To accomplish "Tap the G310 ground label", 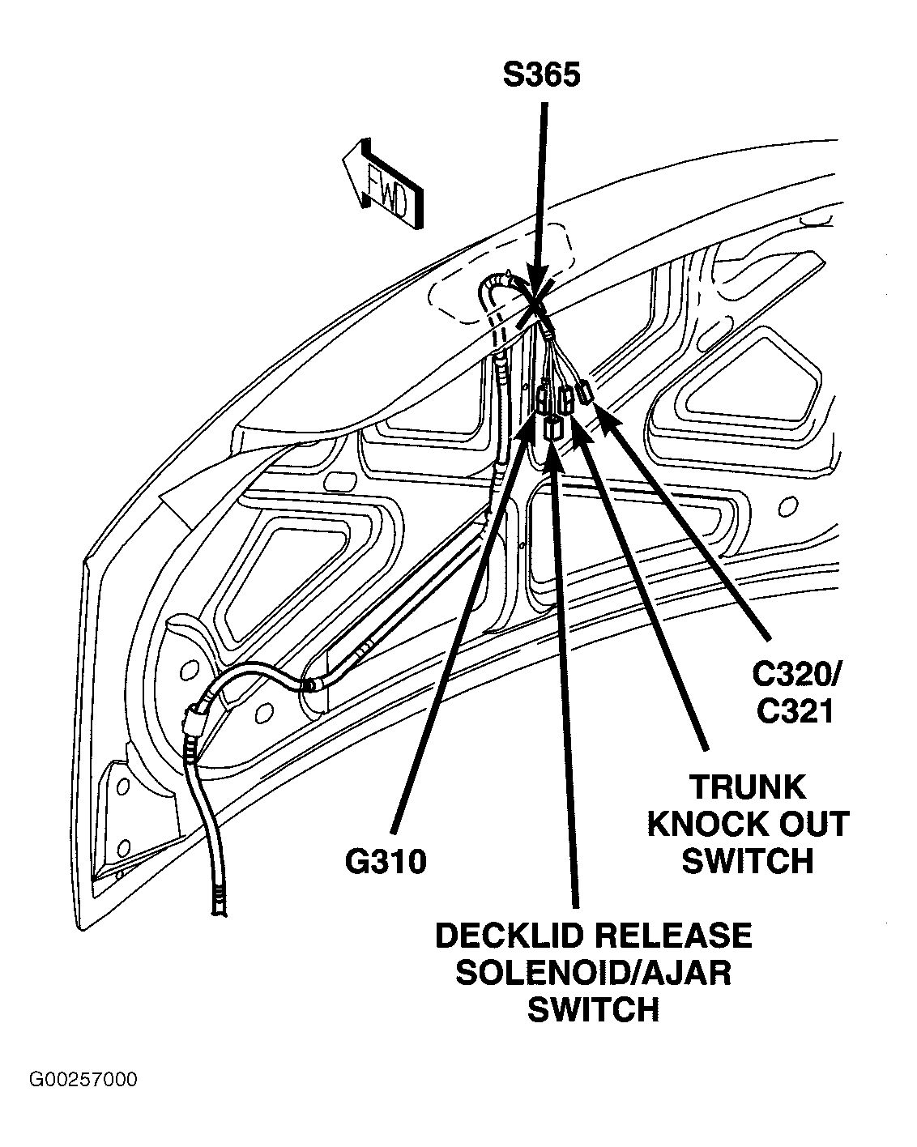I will click(386, 862).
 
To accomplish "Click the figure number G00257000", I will click(83, 1080).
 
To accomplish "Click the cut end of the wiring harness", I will click(219, 910).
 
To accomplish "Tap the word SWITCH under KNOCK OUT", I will click(747, 861).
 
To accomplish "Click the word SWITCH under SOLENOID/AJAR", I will click(593, 1009).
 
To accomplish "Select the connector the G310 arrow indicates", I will click(543, 399).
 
